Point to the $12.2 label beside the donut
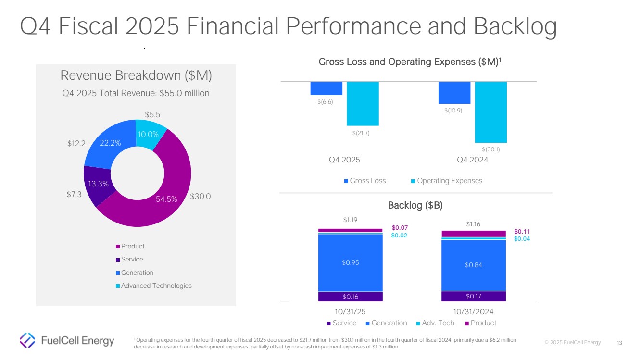(x=76, y=143)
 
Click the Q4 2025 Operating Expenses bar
(x=363, y=103)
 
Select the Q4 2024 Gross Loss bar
(x=454, y=93)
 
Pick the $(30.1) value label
(x=491, y=149)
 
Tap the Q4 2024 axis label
(x=472, y=160)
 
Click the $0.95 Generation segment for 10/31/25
(x=350, y=262)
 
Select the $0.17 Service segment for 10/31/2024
(x=474, y=296)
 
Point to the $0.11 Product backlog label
(x=522, y=231)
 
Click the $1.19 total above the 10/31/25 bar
(x=351, y=220)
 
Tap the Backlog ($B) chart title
(x=415, y=205)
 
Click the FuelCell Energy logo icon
(x=27, y=340)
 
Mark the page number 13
(x=619, y=343)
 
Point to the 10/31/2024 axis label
(x=473, y=311)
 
